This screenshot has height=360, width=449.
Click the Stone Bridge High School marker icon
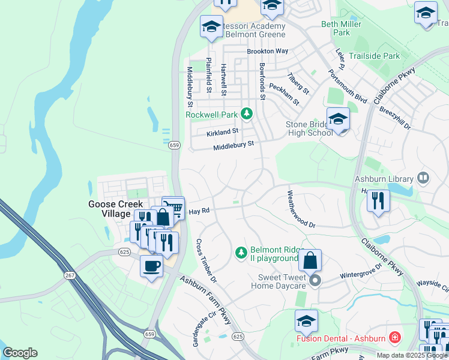point(338,120)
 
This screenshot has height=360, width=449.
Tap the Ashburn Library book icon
point(423,178)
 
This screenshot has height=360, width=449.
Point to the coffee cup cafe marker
point(151,266)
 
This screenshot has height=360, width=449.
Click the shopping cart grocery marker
point(173,208)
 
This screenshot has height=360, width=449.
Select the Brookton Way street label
point(268,52)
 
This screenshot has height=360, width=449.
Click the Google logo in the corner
point(20,353)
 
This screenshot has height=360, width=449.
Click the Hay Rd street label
point(198,212)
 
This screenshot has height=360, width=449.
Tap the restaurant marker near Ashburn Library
point(378,200)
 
